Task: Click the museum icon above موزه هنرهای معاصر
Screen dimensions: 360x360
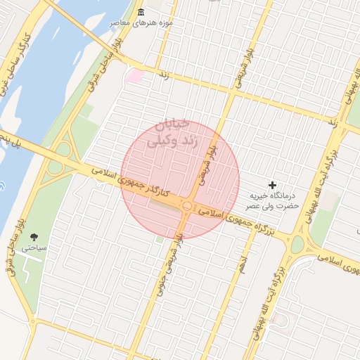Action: [x=141, y=13]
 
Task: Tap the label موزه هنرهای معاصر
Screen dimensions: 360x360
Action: [x=141, y=24]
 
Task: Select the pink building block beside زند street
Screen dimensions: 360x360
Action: [x=134, y=75]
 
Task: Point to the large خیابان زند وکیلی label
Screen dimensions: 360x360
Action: [x=169, y=134]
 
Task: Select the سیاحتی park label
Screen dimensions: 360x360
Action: [x=34, y=248]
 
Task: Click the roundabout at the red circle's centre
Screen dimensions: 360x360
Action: [x=188, y=206]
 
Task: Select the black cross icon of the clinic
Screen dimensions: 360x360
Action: [x=273, y=184]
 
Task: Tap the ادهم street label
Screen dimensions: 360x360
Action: [x=242, y=264]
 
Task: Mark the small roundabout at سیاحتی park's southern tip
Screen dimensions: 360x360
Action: [x=31, y=322]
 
